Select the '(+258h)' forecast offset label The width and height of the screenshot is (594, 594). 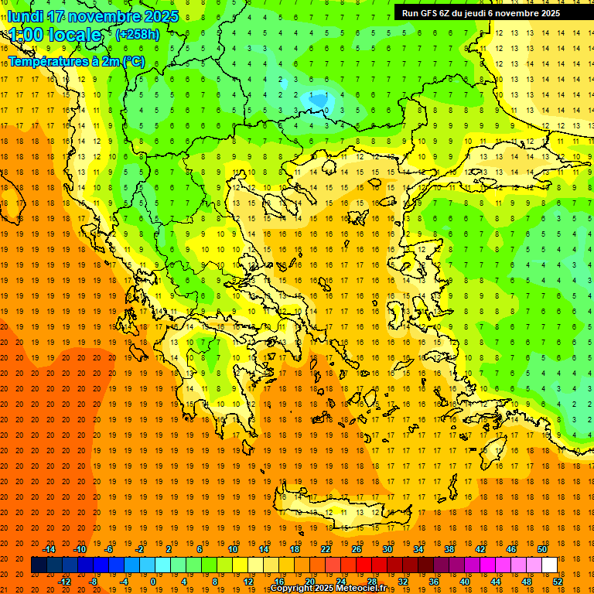138,35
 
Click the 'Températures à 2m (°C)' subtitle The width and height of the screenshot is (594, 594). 76,61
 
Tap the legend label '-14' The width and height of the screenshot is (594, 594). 50,549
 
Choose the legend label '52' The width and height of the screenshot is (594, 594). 557,582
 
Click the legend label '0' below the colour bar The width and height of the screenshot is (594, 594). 153,582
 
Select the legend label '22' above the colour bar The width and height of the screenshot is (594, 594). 326,549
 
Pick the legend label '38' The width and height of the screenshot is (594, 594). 449,549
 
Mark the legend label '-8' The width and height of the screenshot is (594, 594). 93,582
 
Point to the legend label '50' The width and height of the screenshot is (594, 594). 541,549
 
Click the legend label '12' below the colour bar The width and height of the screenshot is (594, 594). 248,582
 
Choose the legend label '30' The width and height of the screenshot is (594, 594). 387,549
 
